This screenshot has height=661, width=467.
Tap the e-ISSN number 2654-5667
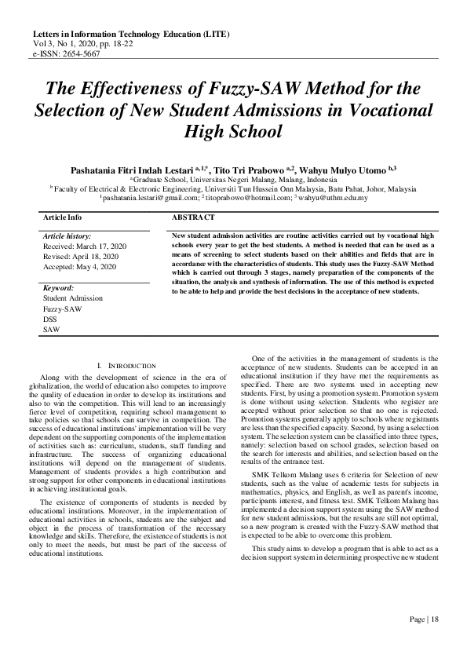(78, 56)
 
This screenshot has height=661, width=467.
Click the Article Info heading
(62, 217)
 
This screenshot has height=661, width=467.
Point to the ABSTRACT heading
(192, 217)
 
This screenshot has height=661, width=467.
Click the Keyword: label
(58, 288)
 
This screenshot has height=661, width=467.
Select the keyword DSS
(50, 319)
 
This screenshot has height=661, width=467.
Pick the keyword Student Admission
(72, 298)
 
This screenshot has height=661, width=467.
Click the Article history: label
(67, 236)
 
